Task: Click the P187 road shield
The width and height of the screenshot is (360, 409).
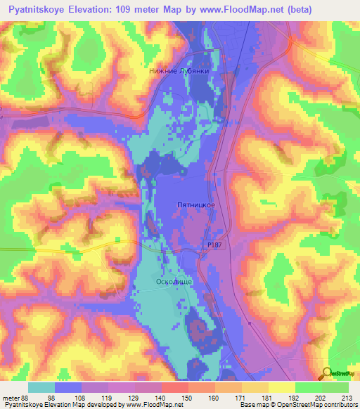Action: [x=217, y=242]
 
